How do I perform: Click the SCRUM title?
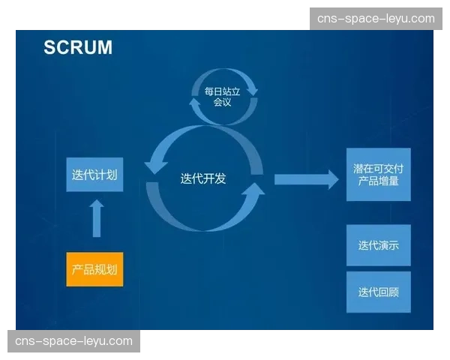pos(78,47)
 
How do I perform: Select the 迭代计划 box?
pos(94,175)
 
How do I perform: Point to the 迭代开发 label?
pos(203,179)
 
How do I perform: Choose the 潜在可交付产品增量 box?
pos(379,175)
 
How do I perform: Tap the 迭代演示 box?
pos(379,245)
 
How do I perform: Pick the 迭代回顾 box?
pos(379,292)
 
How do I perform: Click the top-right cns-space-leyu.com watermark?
pos(376,19)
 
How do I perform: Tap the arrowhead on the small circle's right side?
pos(253,88)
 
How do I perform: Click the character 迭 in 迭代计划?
pos(77,175)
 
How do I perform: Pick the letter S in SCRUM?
pos(49,47)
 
